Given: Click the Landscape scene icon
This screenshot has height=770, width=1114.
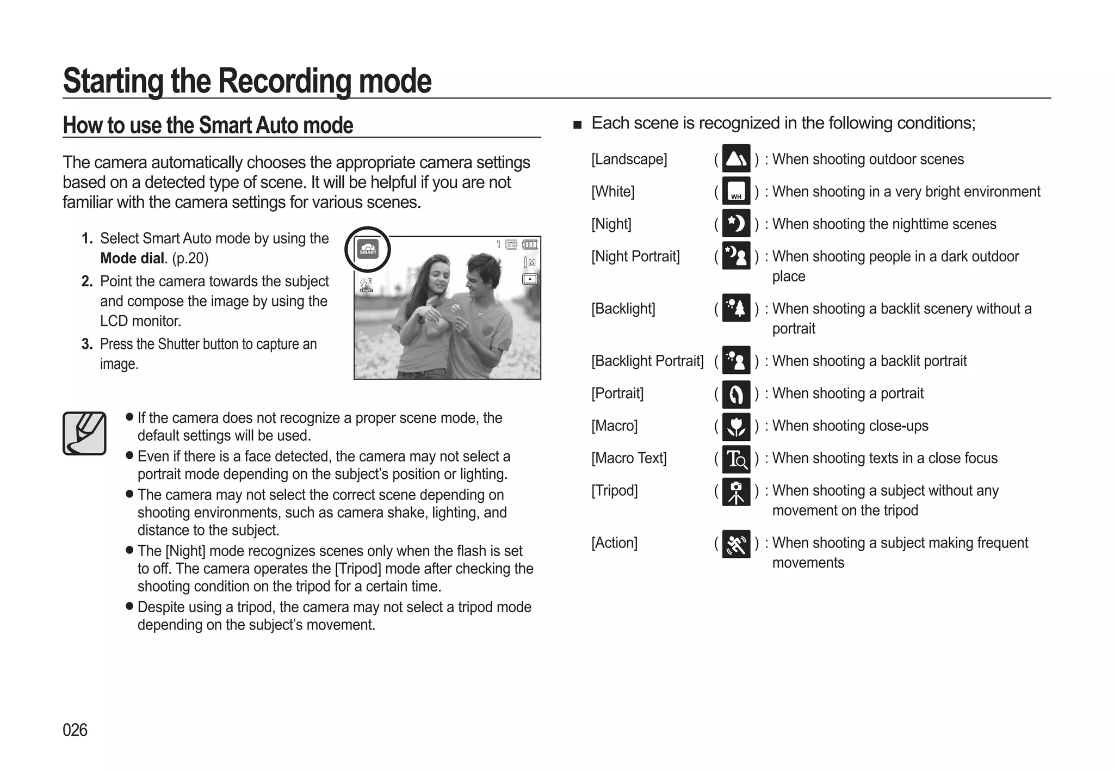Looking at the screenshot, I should tap(736, 158).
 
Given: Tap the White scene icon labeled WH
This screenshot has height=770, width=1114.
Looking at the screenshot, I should tap(736, 191).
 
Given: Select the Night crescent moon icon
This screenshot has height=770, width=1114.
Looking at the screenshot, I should tap(736, 224).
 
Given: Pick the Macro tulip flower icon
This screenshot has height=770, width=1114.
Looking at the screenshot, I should tap(736, 426).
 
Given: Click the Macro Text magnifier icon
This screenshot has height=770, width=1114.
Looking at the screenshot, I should tap(736, 459).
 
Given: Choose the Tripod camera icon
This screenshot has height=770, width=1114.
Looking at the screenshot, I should tap(736, 491).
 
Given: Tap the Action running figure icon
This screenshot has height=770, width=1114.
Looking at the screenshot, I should tap(736, 544).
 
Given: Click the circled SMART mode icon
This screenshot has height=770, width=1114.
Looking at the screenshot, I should tap(368, 250).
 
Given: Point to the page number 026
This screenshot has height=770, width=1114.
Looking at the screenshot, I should tap(75, 730).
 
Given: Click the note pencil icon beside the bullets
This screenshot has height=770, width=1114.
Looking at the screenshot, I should tap(84, 433).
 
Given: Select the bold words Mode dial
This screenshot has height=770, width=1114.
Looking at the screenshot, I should tap(132, 258).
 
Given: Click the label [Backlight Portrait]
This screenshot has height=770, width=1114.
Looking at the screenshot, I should tap(647, 361).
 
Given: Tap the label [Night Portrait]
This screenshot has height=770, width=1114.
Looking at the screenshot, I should tap(635, 256).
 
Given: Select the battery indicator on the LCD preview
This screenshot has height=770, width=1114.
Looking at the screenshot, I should tap(530, 244).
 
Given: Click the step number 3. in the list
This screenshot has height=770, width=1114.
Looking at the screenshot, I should tap(87, 344).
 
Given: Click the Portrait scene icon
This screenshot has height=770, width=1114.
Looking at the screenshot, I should tap(736, 394).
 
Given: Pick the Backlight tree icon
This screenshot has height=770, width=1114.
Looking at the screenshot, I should tap(736, 308).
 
